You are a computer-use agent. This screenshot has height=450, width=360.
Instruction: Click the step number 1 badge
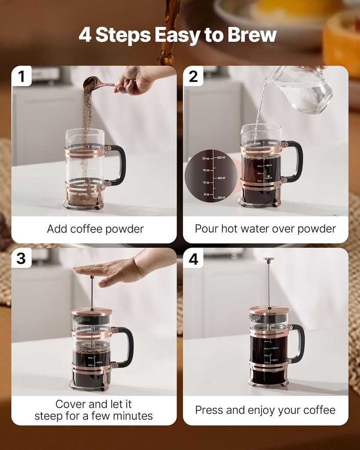tap(21, 76)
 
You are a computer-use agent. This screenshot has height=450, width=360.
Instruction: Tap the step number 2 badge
tap(193, 76)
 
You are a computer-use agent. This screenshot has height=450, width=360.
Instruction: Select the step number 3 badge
tap(21, 258)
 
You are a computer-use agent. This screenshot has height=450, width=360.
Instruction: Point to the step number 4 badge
tap(193, 259)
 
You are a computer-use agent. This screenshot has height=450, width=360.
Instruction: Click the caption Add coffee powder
tap(95, 229)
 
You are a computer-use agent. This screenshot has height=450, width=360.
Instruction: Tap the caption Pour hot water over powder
tap(265, 229)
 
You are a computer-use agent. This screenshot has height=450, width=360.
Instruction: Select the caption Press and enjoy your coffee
tap(265, 410)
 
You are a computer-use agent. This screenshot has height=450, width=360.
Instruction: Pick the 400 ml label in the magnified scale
tap(220, 178)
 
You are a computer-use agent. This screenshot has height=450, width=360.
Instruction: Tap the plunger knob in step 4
tap(268, 259)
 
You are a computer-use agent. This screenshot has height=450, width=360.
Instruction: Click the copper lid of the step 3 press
tap(92, 311)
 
